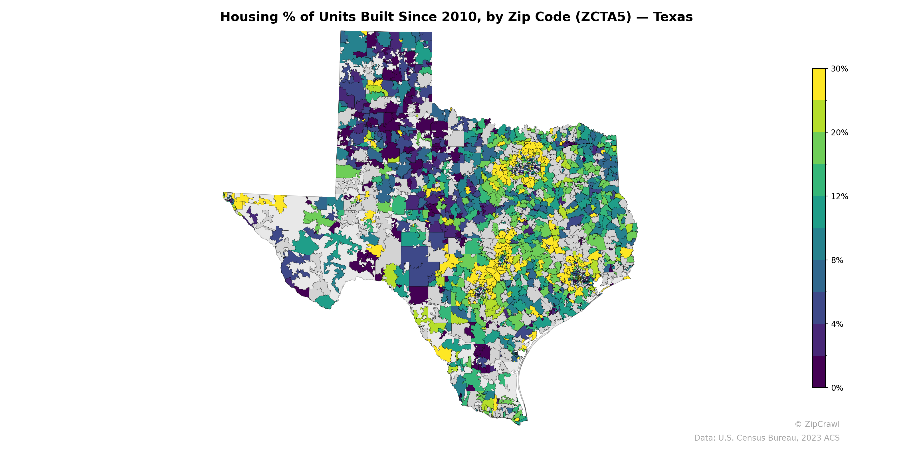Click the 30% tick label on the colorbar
pyautogui.click(x=839, y=69)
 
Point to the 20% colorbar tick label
pyautogui.click(x=839, y=133)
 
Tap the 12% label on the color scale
pyautogui.click(x=839, y=196)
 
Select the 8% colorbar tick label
pyautogui.click(x=837, y=260)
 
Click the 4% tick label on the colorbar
pyautogui.click(x=837, y=324)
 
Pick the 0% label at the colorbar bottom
pyautogui.click(x=837, y=388)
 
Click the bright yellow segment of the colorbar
pyautogui.click(x=819, y=84)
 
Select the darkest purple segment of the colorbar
pyautogui.click(x=819, y=372)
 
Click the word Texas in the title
pyautogui.click(x=673, y=17)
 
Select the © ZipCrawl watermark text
pyautogui.click(x=817, y=424)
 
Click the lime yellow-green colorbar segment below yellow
pyautogui.click(x=819, y=116)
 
